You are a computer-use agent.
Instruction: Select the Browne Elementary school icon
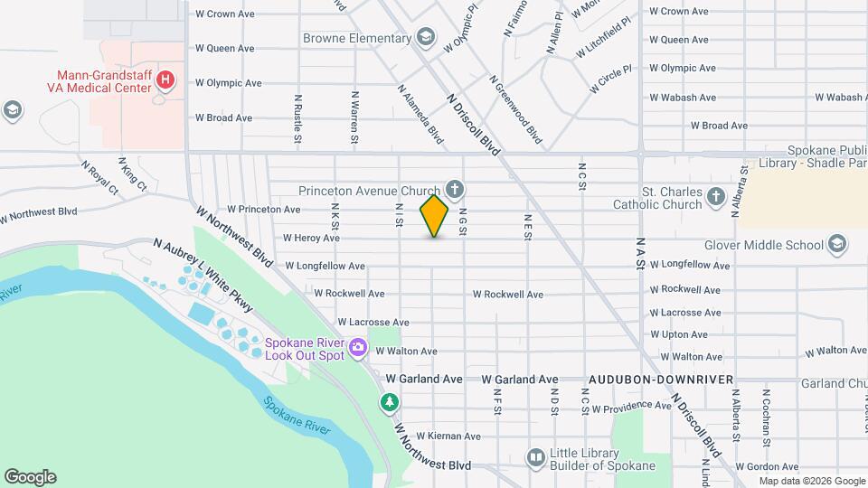426,38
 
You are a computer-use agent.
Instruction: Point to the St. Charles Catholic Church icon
716,197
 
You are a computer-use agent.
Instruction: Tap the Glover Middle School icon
837,245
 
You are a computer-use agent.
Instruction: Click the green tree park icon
390,401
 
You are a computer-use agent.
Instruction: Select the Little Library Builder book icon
536,458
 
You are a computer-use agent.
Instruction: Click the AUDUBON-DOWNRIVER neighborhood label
660,380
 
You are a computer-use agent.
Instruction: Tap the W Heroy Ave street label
311,239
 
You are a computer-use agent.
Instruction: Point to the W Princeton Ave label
264,210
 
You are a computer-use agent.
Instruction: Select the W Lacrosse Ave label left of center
373,323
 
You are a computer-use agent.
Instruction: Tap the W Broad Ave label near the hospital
224,118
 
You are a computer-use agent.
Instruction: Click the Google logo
30,477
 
